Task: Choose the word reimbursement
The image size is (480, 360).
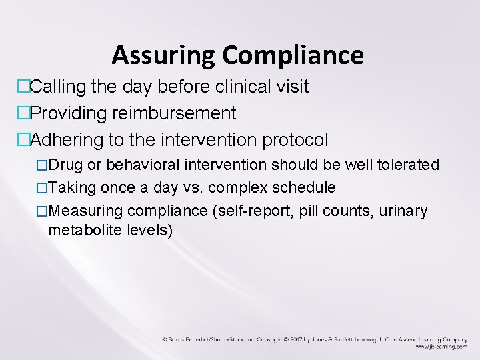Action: [x=179, y=113]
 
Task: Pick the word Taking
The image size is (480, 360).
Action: [x=70, y=188]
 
